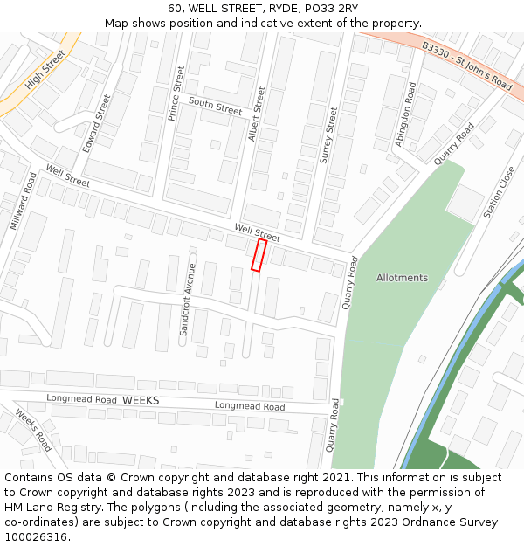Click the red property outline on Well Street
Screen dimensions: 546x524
(x=259, y=254)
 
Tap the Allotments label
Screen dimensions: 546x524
(x=402, y=278)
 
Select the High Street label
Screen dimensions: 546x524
(x=45, y=70)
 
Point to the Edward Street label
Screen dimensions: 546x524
(x=97, y=123)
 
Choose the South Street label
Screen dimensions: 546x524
(x=215, y=107)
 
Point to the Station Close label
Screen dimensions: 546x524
(x=499, y=193)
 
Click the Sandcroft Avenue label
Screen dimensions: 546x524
(x=185, y=300)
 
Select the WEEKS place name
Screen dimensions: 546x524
(x=141, y=399)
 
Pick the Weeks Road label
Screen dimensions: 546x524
(x=33, y=430)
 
